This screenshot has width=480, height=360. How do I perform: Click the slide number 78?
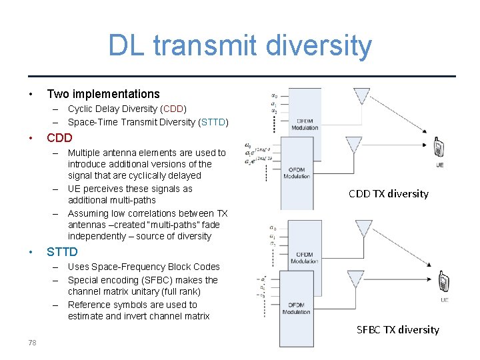(32, 343)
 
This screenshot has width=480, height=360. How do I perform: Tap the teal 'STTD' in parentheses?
(213, 122)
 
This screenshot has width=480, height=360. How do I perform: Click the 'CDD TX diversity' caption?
(388, 194)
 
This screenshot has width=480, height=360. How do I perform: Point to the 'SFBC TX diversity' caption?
(398, 329)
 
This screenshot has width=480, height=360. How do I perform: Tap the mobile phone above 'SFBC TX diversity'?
(443, 283)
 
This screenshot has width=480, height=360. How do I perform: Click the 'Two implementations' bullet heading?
(103, 94)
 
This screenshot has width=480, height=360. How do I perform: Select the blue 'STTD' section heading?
(62, 252)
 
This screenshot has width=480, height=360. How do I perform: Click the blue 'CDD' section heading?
(59, 139)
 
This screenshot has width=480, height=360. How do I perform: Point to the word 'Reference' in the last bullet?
(89, 305)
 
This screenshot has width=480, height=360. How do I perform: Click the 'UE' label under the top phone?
(440, 165)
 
